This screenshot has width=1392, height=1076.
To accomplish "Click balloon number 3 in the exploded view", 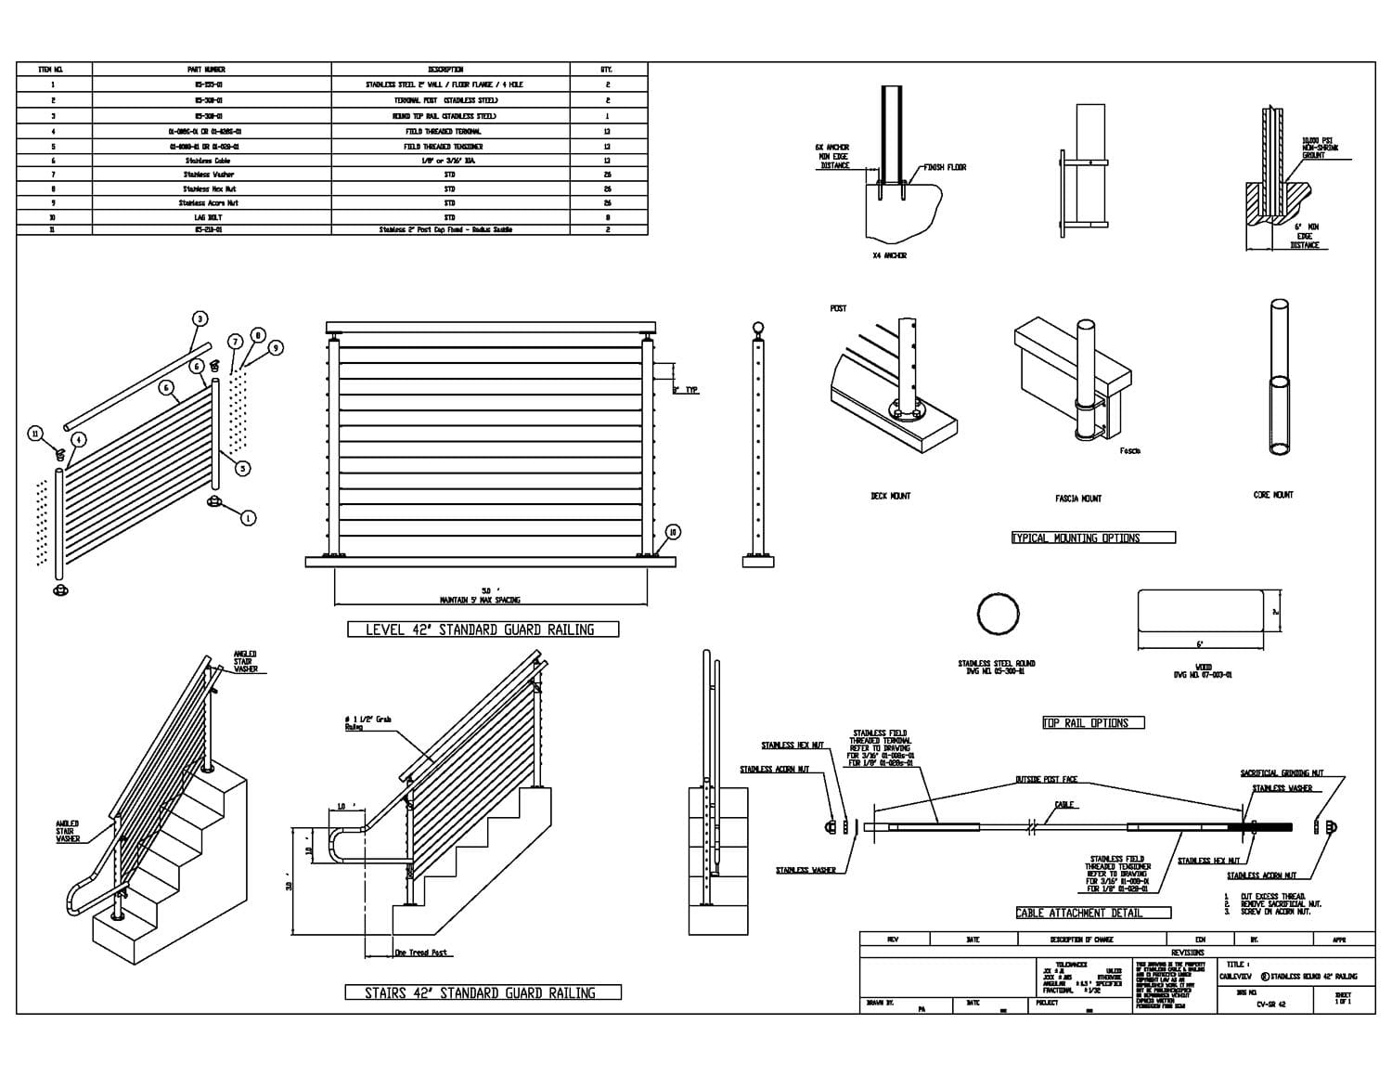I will pos(200,319).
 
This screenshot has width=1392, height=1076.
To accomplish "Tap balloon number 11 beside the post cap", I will pos(36,434).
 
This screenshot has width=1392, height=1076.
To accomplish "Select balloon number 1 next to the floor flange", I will pos(249,518).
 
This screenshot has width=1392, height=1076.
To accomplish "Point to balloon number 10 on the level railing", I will pos(673,532).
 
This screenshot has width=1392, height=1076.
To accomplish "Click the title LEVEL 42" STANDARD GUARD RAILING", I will pos(483,629).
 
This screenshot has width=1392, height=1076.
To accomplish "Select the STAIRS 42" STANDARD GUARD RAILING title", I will pos(483,992).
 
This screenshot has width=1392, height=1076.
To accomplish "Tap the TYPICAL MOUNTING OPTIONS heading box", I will pos(1093,538).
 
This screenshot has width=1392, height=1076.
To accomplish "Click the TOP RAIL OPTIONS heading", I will pos(1093,722).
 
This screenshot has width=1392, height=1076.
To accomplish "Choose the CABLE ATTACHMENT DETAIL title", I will pos(1093,913).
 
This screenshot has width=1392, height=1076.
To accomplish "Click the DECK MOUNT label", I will pos(890,497).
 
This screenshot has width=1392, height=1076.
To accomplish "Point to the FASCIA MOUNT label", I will pos(1078,499).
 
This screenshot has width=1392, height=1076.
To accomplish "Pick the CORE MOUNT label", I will pos(1273,495).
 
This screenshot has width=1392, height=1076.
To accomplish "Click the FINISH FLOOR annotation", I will pos(945,167).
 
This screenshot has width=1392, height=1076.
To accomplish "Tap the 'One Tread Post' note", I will pos(420,953).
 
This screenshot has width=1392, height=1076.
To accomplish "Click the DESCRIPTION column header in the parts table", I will pos(450,70).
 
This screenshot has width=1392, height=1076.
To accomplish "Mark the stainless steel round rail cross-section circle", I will pos(999,614).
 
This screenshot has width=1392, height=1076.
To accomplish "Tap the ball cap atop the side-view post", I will pos(758,328).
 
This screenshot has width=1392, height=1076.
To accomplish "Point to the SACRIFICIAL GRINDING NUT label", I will pos(1282,773).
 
